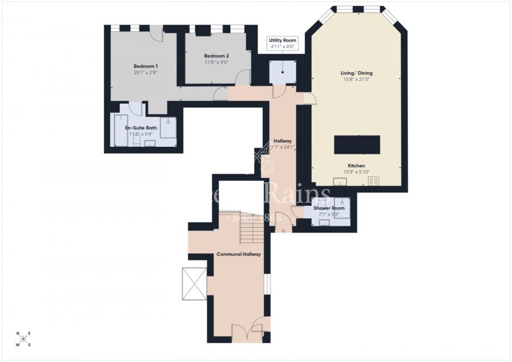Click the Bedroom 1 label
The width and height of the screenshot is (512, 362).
(x=146, y=66)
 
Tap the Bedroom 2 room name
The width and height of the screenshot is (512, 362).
(x=216, y=56)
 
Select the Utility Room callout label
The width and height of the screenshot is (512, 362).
(x=283, y=40)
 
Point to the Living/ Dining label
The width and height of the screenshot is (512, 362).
(x=357, y=73)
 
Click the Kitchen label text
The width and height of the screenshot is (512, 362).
(x=357, y=166)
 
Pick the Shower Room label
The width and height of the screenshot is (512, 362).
(x=329, y=208)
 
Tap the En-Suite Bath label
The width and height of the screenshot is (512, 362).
(x=141, y=128)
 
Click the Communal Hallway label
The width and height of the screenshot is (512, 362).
(x=239, y=254)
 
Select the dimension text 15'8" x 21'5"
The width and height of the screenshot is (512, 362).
(x=357, y=80)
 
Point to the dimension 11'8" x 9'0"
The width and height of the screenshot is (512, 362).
(x=216, y=63)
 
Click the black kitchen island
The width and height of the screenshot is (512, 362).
(x=357, y=145)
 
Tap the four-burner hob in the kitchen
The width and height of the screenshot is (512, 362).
(x=374, y=181)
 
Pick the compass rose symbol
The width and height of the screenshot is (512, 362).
(x=23, y=339)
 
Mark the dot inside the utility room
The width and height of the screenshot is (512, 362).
(x=283, y=73)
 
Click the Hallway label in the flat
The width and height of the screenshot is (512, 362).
(x=283, y=141)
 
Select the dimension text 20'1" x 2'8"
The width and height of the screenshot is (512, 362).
(x=146, y=73)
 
